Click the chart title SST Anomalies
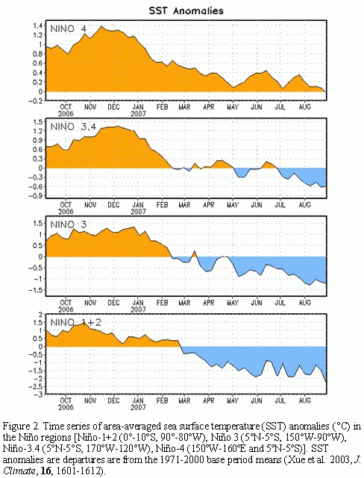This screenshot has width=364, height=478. [x=186, y=10]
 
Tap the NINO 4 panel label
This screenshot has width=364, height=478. [x=69, y=29]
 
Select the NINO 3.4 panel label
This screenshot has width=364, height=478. [x=73, y=127]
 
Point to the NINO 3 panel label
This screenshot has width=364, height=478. [x=69, y=224]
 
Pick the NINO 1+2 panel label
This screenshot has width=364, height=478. [x=75, y=322]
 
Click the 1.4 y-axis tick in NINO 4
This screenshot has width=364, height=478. [x=38, y=25]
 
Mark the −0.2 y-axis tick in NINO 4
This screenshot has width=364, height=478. [x=36, y=101]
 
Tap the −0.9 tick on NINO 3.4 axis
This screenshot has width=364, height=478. [x=36, y=195]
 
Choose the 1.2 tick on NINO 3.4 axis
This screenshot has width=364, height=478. [x=38, y=131]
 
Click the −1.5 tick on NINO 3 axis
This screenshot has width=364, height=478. [x=36, y=290]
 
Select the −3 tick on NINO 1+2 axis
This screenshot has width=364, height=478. [x=39, y=394]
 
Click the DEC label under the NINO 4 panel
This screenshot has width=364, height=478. [x=113, y=107]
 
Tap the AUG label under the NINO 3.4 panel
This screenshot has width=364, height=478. [x=304, y=205]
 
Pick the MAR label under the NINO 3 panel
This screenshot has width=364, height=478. [x=184, y=303]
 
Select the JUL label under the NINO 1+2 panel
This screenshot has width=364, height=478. [x=280, y=400]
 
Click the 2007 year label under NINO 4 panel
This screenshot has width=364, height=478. [x=139, y=113]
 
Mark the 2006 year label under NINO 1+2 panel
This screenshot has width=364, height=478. [x=66, y=407]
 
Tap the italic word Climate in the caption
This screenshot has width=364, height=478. [x=18, y=471]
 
